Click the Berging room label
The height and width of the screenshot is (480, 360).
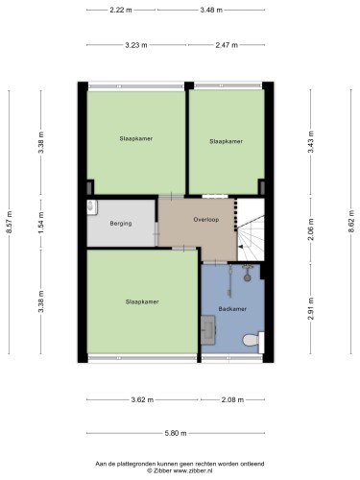[x=121, y=224]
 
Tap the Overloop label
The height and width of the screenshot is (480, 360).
[x=206, y=220]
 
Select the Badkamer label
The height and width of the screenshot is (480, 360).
[x=232, y=309]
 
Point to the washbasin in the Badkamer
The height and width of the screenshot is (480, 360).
[x=208, y=330]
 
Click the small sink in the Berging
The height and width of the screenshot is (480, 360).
[x=92, y=207]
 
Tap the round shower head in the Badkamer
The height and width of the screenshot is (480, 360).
[x=247, y=276]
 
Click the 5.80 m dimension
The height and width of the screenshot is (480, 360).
[x=176, y=433]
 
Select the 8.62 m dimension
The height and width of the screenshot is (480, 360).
[x=351, y=222]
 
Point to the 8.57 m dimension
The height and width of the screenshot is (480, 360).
[x=9, y=223]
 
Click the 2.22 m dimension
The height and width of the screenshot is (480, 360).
[x=121, y=10]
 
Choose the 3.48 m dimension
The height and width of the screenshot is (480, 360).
[x=211, y=10]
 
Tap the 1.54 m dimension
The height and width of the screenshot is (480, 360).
[x=41, y=223]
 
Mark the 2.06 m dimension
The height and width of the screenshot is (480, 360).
[x=311, y=229]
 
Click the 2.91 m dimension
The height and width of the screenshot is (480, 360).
[x=311, y=308]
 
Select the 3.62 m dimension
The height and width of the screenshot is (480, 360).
[x=142, y=399]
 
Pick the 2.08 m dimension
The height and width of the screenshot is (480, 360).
[x=232, y=399]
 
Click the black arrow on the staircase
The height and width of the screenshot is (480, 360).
[x=241, y=247]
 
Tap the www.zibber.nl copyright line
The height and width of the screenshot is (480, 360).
[x=180, y=470]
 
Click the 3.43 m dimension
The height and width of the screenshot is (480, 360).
[x=311, y=142]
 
